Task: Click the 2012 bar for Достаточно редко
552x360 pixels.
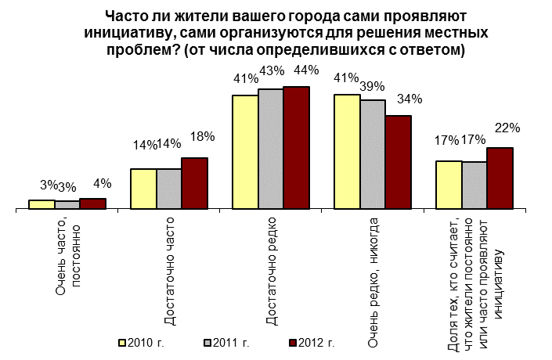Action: tap(297, 148)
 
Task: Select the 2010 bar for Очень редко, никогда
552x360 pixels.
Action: tap(348, 152)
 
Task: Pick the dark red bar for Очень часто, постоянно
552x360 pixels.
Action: tap(92, 204)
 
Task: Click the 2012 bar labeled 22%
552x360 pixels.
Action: tap(500, 178)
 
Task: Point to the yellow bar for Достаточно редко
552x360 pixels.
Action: tap(246, 153)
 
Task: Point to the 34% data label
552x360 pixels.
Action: tap(409, 99)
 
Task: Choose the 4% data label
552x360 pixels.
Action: tap(101, 184)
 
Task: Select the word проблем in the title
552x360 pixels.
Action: tap(136, 50)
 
